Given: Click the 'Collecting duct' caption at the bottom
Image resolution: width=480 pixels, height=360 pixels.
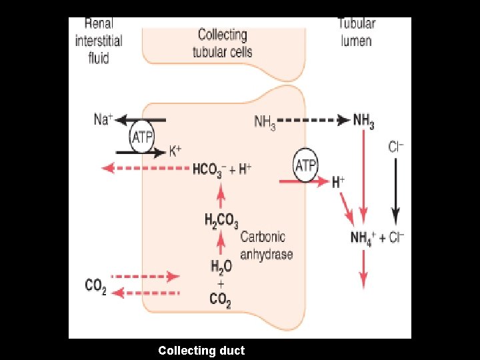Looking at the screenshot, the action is coord(201,350).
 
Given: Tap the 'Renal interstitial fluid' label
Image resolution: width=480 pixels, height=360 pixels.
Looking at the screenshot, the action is coord(98,41).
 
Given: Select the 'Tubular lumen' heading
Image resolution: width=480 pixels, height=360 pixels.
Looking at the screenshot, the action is coord(357,31).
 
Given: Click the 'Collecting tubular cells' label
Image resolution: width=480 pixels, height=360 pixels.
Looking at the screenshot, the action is coord(223,43).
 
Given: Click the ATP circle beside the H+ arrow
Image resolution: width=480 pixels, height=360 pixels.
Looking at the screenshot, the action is coord(305,165).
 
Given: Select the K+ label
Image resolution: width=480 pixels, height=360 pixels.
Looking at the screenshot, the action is coord(175,151).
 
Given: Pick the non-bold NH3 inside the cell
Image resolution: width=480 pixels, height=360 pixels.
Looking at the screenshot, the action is coord(265,121).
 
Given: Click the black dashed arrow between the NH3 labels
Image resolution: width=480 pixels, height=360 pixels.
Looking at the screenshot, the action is coord(313,121).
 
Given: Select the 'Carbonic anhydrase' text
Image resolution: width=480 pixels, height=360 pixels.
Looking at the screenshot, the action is coord(266,245).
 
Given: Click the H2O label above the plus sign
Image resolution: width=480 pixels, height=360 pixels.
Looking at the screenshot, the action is coord(221,267).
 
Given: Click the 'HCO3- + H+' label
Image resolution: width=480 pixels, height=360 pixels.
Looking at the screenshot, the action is coord(222,169).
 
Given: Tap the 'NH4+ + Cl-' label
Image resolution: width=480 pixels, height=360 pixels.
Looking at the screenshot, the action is coord(378,237).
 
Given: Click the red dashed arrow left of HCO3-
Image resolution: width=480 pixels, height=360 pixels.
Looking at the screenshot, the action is coord(144,169).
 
